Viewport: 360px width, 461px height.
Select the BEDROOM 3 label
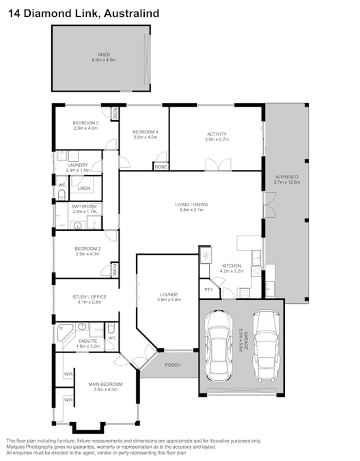(x=86, y=123)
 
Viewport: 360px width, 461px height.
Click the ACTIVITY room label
(x=216, y=134)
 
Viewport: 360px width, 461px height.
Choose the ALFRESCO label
(x=282, y=176)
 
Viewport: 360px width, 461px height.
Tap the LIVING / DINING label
(x=194, y=204)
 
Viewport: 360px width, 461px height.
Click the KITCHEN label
(x=232, y=266)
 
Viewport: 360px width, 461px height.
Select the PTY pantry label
(x=208, y=290)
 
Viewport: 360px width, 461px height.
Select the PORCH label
(x=173, y=365)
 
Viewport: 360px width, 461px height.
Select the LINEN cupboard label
(x=83, y=188)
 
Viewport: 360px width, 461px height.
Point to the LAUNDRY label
(x=77, y=165)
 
